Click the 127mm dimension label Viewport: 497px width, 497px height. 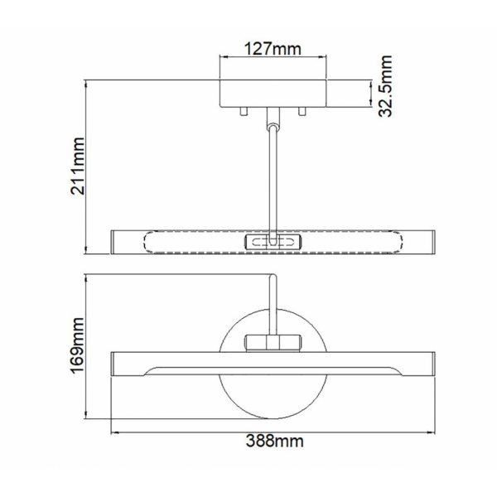tap(273, 49)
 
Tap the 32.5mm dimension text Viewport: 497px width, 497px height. tap(386, 86)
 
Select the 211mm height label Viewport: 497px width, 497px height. tap(78, 166)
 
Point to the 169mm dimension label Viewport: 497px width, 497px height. tap(78, 345)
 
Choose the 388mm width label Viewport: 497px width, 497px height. tap(274, 441)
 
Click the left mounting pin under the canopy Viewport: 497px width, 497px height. tap(244, 111)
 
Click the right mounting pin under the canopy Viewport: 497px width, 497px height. tap(302, 111)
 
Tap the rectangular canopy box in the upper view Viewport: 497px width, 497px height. tap(273, 93)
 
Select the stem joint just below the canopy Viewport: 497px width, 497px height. tap(273, 118)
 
